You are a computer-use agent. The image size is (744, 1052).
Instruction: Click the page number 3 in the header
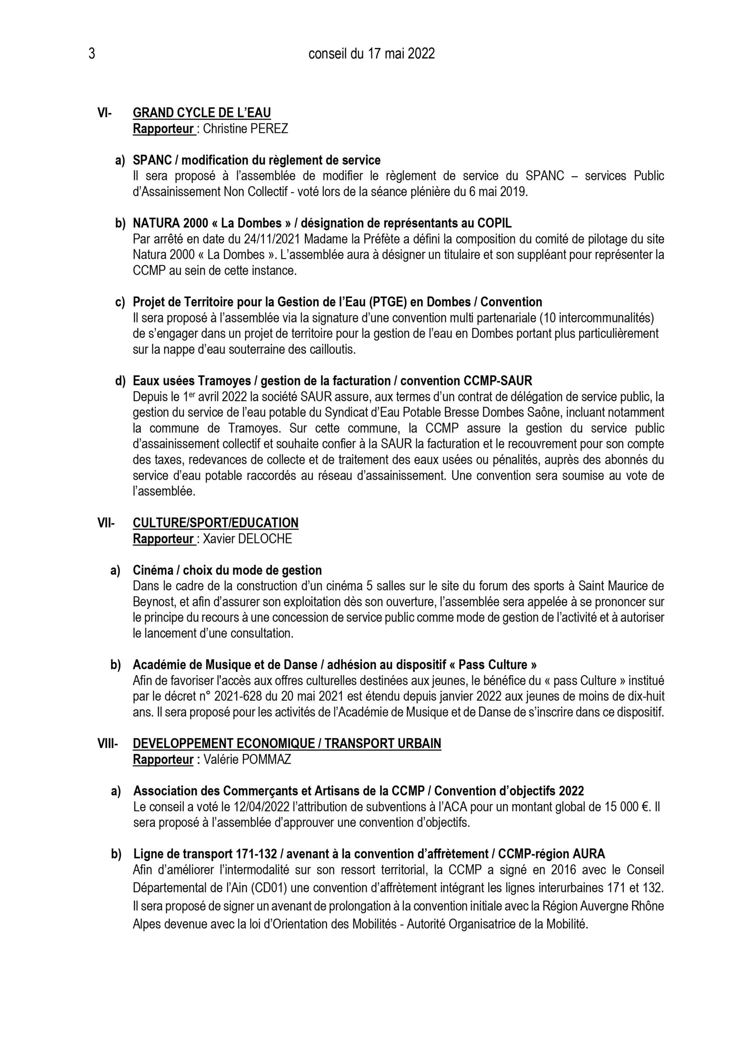(x=92, y=55)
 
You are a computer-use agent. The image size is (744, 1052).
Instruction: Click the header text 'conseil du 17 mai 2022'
(x=371, y=55)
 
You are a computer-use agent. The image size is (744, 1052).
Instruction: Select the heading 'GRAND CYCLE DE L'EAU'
(x=202, y=113)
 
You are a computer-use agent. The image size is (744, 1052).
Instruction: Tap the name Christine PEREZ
(x=245, y=129)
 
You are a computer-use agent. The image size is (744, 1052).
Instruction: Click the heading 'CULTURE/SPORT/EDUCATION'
(x=215, y=523)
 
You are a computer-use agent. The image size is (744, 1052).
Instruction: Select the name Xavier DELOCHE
(x=247, y=539)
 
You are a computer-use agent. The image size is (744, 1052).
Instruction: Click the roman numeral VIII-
(x=107, y=744)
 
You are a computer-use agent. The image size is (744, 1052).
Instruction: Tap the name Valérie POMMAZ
(x=247, y=760)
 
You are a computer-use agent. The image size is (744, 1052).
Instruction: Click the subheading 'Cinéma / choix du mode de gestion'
(x=227, y=570)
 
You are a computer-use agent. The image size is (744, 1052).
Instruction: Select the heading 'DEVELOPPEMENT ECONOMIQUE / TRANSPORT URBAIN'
(x=287, y=744)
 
